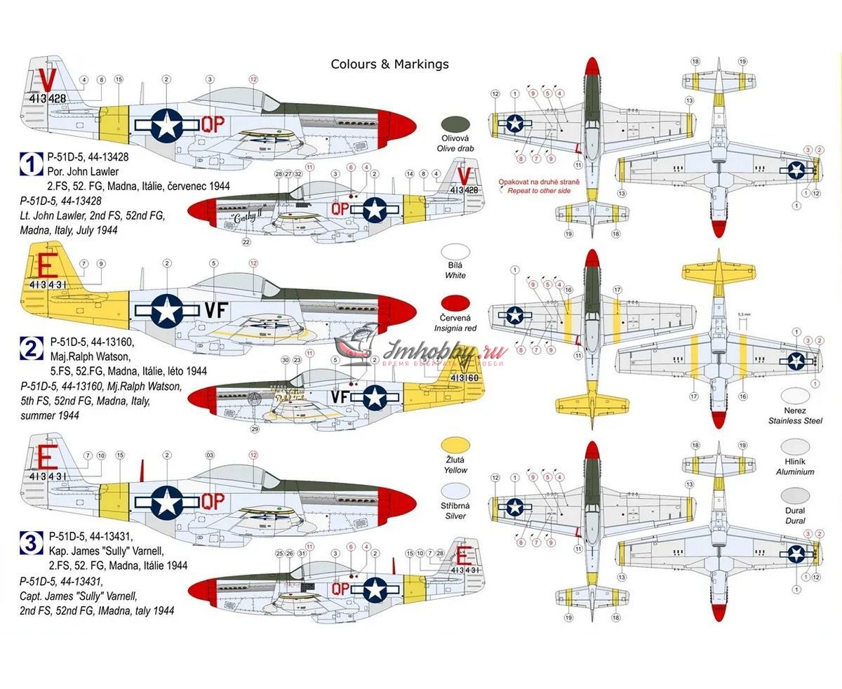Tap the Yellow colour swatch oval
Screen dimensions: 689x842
[x=455, y=445]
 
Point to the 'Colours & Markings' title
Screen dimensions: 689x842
[x=389, y=65]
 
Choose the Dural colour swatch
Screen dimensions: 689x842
[x=795, y=495]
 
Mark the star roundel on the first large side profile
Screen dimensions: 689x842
[x=166, y=125]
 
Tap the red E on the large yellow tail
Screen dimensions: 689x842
[x=46, y=267]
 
